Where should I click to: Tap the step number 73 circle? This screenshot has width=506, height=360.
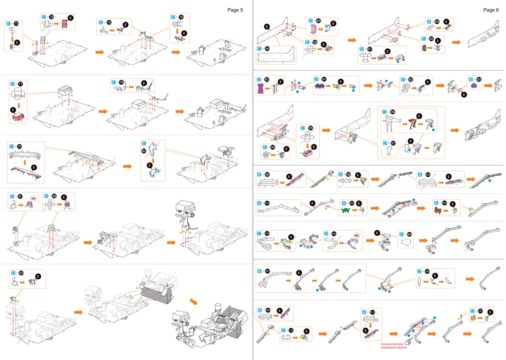16,24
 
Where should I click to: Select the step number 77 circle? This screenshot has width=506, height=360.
20,84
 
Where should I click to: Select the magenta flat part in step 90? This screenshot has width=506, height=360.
261,88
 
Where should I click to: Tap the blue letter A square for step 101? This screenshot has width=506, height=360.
259,203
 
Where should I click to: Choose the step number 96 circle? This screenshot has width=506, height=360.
393,112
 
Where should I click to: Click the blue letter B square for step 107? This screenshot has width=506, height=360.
259,271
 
